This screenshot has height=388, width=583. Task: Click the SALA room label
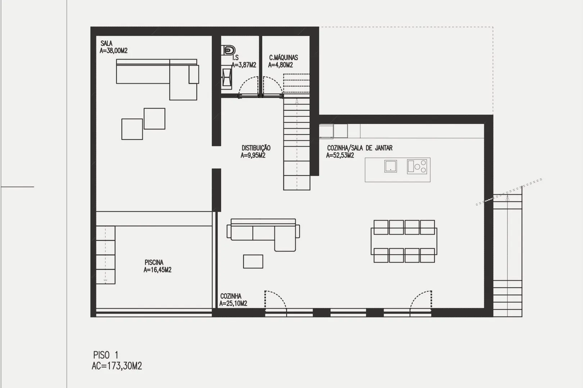tap(106, 43)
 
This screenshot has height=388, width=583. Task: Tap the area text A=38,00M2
tap(113, 51)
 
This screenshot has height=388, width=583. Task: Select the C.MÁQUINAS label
tap(284, 57)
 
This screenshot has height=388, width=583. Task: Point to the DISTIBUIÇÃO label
tap(256, 148)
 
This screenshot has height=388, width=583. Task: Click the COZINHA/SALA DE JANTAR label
tap(360, 148)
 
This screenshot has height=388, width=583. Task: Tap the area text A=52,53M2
tap(340, 156)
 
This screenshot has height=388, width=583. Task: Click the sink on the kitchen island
tap(390, 166)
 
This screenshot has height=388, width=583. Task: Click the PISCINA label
tap(154, 263)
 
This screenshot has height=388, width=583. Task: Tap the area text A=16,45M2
tap(158, 270)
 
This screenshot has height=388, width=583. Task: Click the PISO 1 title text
tap(106, 355)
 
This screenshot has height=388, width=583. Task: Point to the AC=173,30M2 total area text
tap(117, 366)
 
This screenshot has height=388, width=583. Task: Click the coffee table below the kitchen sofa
tap(253, 262)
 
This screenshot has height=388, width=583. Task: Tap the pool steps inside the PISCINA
tap(105, 255)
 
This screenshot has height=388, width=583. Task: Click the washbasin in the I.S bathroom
tap(227, 78)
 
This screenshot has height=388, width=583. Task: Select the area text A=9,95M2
tap(253, 156)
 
